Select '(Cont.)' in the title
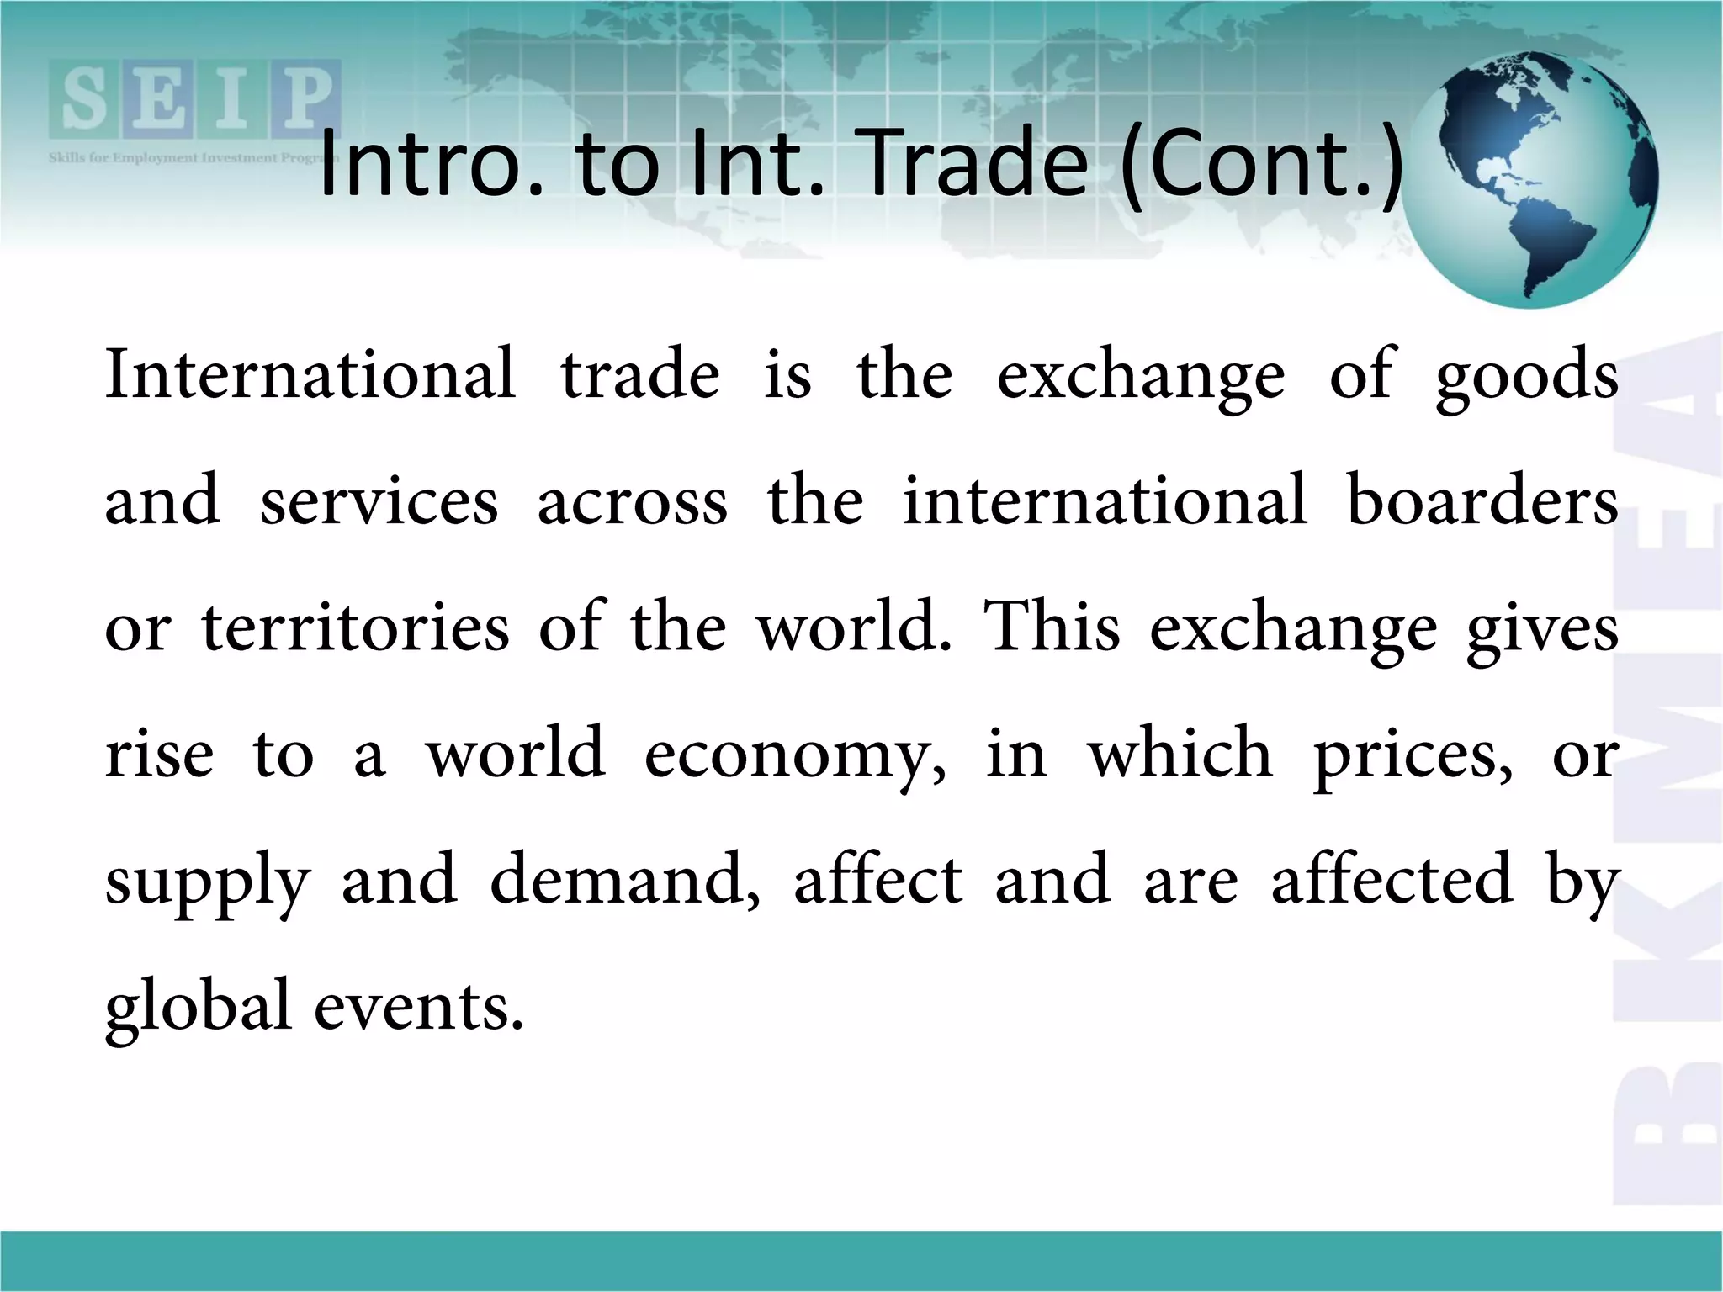(1262, 166)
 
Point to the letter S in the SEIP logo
(84, 99)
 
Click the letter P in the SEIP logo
(305, 99)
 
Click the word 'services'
(379, 502)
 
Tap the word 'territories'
(356, 627)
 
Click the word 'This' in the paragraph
(1053, 627)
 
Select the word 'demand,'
(625, 880)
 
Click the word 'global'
(199, 1008)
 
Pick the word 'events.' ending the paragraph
(419, 1008)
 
